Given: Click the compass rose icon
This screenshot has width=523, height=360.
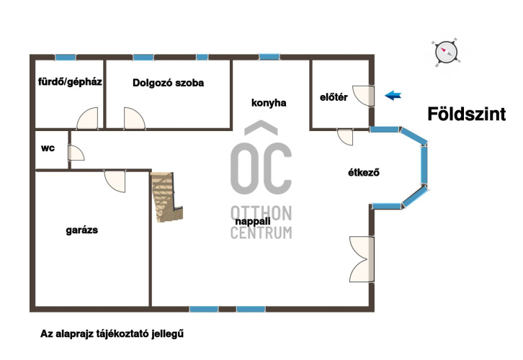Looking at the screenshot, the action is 447,53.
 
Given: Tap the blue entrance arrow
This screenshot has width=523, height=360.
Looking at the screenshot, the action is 393,96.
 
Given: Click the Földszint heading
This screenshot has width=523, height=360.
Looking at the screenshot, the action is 466,114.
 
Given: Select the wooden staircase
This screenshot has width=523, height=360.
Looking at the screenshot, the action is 166,197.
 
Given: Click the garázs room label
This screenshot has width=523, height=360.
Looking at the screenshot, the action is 81,230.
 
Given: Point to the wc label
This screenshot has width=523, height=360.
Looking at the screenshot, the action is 48,148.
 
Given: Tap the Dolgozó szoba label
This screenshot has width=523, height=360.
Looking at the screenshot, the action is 168,83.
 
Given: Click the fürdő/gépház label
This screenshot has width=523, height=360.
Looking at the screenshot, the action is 70,81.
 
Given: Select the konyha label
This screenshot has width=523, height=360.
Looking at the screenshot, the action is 269,103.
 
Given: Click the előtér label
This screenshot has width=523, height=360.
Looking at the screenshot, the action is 334,97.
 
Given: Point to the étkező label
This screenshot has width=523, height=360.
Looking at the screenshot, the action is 364,172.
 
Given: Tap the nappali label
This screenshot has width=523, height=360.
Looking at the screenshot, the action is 252,221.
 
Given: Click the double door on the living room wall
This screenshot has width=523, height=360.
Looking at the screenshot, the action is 362,260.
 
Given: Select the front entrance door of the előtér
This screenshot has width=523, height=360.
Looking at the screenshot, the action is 363,96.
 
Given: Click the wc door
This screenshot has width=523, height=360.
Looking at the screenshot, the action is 76,153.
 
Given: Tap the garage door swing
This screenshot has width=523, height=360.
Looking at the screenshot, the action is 115,181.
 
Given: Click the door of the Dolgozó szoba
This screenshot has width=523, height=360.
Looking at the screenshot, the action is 135,118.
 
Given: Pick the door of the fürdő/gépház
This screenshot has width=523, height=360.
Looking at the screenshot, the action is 88,118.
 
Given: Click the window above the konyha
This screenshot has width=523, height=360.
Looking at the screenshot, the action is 269,57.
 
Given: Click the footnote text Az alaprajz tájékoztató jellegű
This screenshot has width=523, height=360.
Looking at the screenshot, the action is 112,333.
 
